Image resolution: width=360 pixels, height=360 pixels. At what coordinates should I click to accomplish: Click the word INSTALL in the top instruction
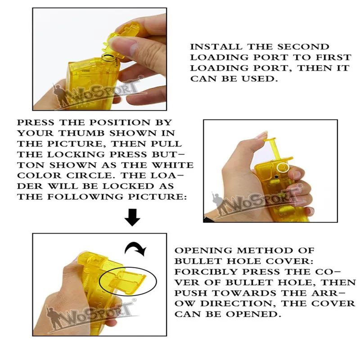pos(216,47)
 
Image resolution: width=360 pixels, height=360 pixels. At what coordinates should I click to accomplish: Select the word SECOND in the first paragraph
pos(303,47)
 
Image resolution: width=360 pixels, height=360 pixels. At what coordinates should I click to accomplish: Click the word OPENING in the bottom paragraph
pos(203,250)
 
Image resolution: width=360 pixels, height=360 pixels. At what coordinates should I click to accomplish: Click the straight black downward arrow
pos(132,217)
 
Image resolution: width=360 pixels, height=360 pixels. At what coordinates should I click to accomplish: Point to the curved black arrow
pos(135,247)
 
